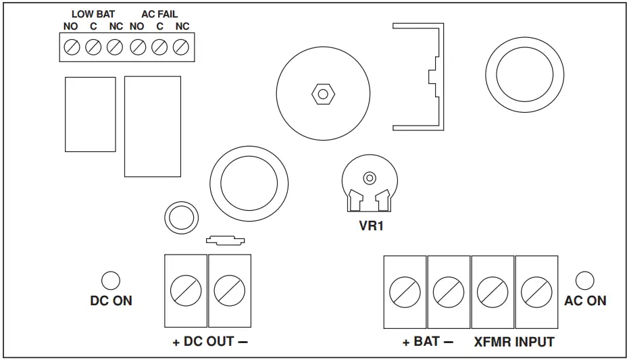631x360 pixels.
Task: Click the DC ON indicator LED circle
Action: pos(110,280)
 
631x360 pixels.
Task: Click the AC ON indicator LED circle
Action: pos(584,280)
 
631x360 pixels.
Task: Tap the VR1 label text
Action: pos(371,226)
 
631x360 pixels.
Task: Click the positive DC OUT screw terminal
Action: pos(186,291)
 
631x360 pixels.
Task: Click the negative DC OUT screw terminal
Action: pos(229,291)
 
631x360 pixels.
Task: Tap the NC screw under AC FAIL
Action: pos(180,47)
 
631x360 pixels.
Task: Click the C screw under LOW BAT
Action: pos(94,47)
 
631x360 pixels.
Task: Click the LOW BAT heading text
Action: pos(93,14)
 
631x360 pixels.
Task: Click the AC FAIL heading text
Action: pos(159,14)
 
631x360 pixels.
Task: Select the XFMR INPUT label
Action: pos(514,342)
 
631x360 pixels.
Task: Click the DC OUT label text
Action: pos(210,342)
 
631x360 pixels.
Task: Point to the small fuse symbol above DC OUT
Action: pos(224,240)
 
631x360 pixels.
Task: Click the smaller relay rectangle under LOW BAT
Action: pos(90,113)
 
